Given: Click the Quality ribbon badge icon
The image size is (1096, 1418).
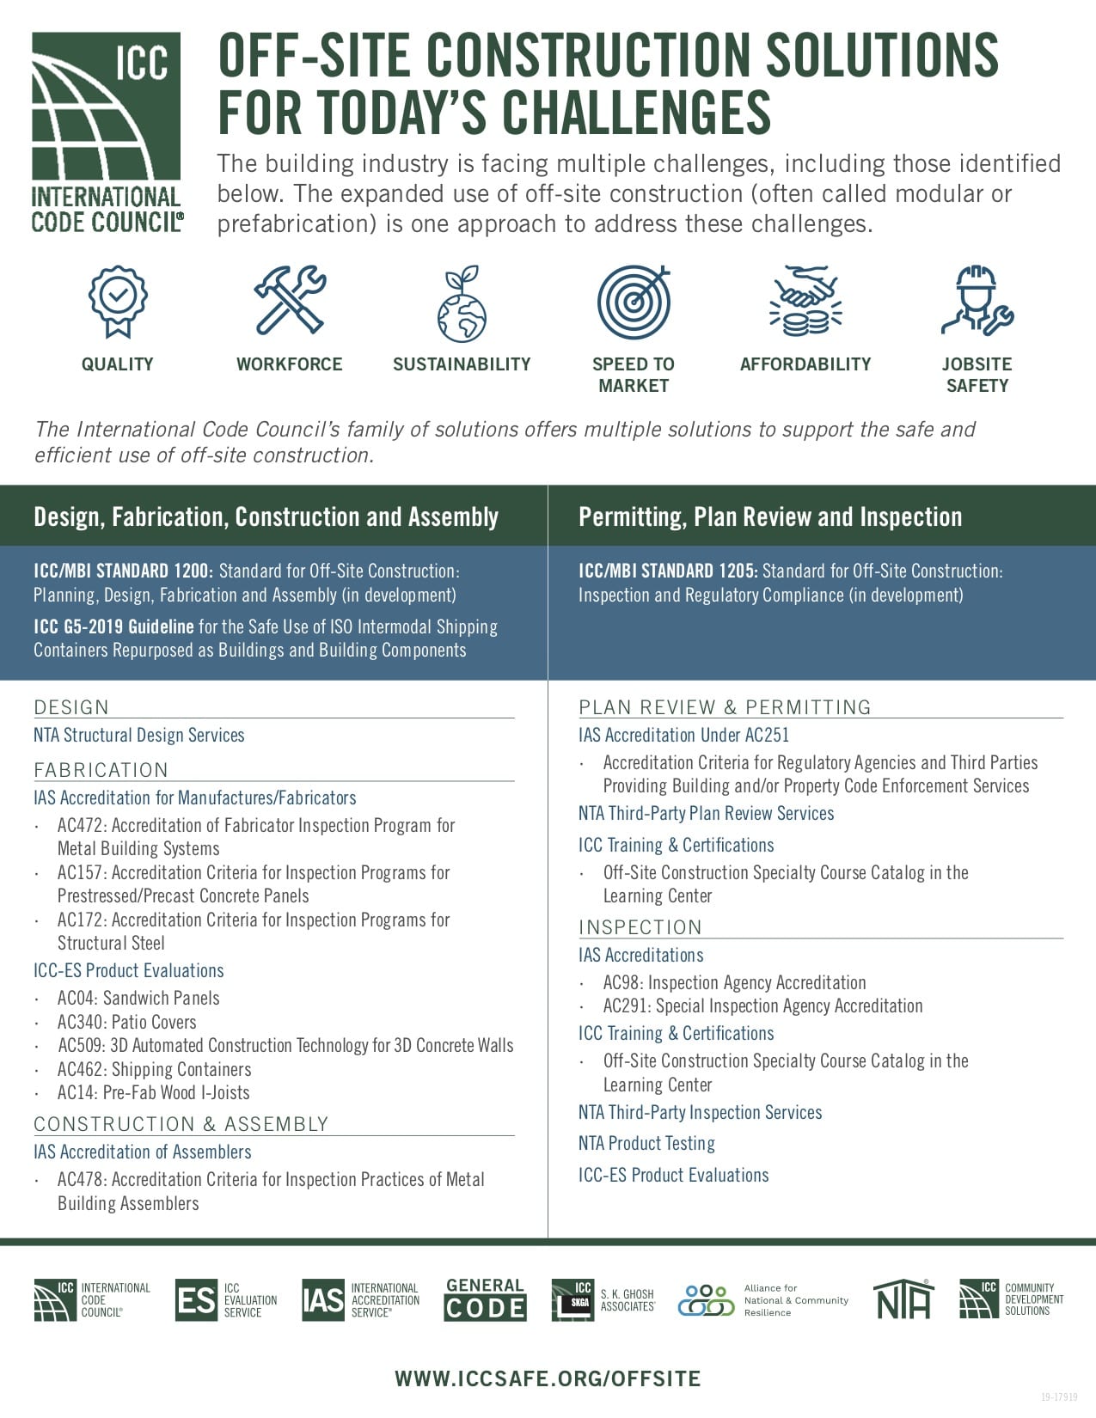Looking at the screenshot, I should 118,301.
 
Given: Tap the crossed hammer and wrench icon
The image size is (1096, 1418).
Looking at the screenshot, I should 290,300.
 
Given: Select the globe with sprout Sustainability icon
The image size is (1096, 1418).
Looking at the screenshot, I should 462,303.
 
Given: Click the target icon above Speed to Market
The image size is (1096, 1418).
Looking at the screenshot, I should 634,301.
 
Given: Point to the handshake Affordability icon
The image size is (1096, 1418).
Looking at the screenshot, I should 805,301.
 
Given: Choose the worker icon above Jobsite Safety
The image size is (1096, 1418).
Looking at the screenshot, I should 977,300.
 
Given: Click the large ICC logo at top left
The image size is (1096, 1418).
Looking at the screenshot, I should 107,133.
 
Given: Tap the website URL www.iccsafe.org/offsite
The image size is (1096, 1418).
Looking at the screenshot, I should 548,1378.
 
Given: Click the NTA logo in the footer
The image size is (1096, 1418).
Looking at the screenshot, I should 903,1299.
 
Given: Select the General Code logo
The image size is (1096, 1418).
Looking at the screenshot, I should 486,1299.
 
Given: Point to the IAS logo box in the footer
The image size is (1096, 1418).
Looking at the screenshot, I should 323,1299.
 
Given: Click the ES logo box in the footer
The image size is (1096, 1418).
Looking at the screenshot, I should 196,1299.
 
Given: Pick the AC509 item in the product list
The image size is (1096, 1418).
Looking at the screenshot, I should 285,1046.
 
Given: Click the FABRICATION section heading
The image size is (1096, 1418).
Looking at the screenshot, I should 101,770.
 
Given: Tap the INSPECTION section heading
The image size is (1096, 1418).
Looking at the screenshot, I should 640,927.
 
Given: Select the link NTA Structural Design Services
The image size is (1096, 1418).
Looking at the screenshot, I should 139,735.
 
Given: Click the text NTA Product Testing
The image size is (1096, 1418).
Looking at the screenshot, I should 646,1143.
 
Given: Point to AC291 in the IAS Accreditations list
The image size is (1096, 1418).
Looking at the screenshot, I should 762,1006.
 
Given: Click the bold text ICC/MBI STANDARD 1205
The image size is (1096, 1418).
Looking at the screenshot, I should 668,571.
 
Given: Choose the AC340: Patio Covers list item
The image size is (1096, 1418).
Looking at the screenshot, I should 126,1022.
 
